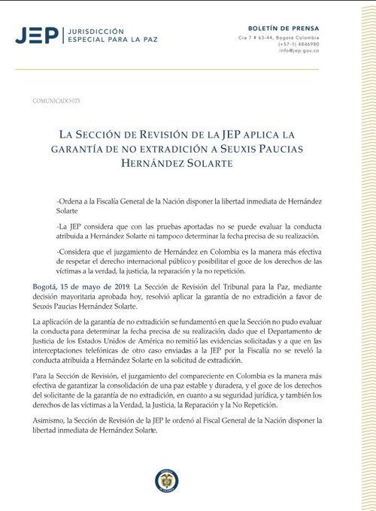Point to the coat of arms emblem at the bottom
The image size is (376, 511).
tap(166, 481)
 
